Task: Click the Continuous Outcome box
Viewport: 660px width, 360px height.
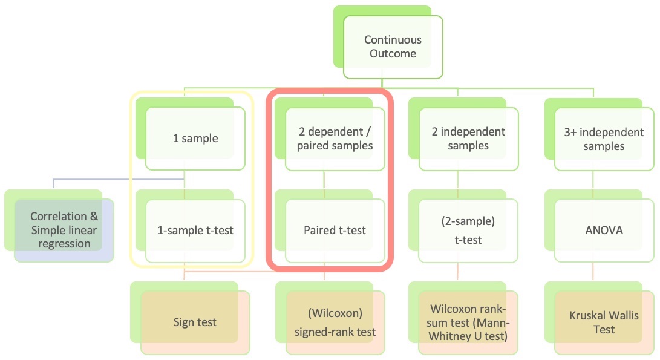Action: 393,47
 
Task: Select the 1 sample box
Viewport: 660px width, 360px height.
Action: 195,138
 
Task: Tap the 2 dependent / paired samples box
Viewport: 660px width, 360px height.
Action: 335,138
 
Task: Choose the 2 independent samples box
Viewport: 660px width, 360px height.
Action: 469,138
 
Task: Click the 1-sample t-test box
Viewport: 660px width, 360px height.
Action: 195,230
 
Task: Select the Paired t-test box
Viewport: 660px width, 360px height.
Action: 335,230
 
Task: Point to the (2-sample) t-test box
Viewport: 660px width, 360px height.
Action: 468,231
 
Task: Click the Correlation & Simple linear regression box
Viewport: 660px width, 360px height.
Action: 64,230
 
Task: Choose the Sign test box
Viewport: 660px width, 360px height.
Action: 195,322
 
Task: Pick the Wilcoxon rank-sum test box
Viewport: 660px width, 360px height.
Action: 468,322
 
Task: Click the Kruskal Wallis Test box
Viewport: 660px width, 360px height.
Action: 604,322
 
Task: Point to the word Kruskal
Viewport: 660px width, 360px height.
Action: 587,316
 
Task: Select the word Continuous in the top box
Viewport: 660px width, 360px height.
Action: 393,40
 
